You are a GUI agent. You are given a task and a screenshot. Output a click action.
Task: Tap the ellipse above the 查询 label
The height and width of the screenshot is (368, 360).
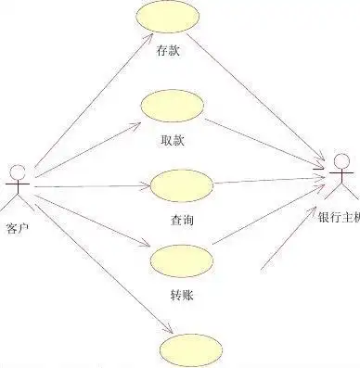coord(180,184)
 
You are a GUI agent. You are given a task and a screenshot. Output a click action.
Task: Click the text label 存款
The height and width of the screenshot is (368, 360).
coord(167,52)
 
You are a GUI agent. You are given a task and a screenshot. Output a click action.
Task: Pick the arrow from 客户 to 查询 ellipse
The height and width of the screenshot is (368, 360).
coord(88,186)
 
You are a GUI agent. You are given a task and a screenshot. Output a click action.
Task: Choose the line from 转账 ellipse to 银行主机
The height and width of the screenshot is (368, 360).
coord(269,220)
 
